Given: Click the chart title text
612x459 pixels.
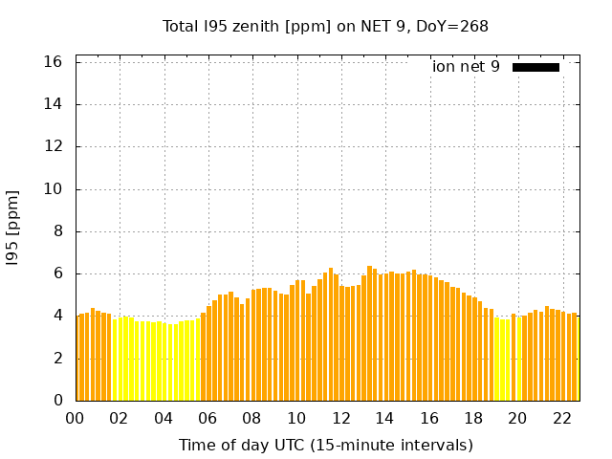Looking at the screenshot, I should tap(325, 27).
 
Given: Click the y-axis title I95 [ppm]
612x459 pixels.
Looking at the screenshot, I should tap(13, 228).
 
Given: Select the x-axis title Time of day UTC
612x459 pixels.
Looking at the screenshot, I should tap(325, 445).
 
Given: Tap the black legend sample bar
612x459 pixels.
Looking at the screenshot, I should tap(535, 67).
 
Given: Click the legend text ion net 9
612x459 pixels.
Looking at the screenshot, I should tap(466, 67).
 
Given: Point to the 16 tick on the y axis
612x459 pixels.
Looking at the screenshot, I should tap(54, 62).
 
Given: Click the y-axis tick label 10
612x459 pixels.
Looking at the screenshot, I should tap(54, 189).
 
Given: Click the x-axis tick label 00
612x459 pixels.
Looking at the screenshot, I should tap(76, 418).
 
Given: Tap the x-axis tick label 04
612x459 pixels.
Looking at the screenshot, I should tap(164, 418).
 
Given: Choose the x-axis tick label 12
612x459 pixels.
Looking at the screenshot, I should tap(340, 418).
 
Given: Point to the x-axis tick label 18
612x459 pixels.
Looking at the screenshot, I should tap(473, 418).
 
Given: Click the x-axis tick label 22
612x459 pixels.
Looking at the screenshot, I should tap(561, 418).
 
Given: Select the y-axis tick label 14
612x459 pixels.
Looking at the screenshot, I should tap(54, 104).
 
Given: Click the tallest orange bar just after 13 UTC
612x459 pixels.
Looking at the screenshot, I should tap(369, 335).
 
